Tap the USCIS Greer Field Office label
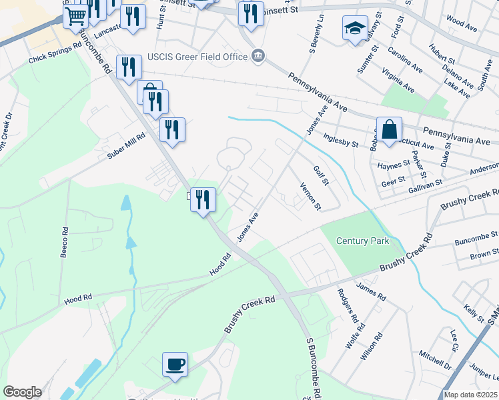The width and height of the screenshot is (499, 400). coord(199,57)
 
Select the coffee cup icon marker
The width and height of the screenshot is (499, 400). coord(175,364)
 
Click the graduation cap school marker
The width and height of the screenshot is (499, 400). coord(355,29)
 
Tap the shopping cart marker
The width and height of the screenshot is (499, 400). coord(76,16)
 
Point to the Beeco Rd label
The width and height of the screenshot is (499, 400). coord(64,241)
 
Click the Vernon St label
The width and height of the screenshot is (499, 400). coord(310,196)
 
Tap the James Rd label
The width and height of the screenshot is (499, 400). coord(371,291)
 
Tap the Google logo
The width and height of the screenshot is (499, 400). coord(22,392)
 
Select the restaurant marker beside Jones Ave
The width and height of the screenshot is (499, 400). coord(202,199)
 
